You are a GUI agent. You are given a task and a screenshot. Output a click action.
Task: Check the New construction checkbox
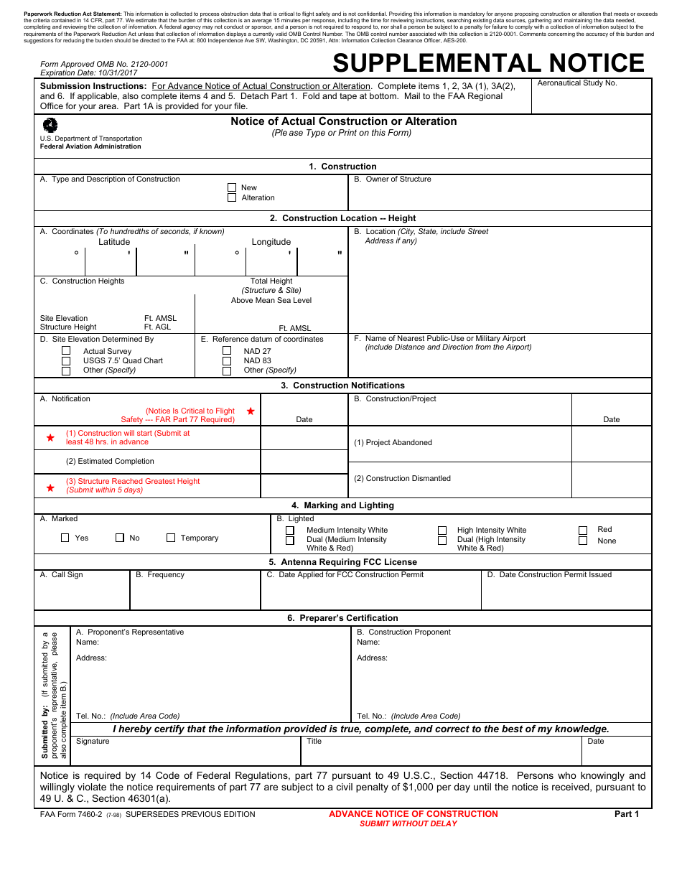(x=232, y=187)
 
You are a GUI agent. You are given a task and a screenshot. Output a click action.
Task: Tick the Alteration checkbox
(x=232, y=197)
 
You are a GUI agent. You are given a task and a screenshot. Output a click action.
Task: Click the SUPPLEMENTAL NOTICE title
(x=488, y=63)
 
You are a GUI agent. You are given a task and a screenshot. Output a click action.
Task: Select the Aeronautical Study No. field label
(x=576, y=83)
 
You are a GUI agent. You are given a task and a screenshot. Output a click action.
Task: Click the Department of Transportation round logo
(x=51, y=125)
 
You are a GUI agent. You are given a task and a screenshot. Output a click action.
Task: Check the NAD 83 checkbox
(x=227, y=360)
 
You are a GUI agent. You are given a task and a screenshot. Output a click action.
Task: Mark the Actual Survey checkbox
(x=66, y=351)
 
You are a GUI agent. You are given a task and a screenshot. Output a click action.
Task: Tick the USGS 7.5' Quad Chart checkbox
(x=66, y=360)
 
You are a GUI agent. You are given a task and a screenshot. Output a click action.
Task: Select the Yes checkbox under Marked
(x=65, y=538)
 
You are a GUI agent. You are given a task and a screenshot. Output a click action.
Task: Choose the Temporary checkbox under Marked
(x=171, y=538)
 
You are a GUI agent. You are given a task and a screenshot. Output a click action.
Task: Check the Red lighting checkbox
(x=583, y=530)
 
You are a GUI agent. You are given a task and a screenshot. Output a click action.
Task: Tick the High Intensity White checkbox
(x=442, y=531)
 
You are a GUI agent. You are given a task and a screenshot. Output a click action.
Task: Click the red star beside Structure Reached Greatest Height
(x=50, y=487)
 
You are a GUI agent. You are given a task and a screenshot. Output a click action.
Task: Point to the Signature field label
(x=93, y=741)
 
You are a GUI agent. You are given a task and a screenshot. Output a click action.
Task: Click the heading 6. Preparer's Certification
(x=342, y=618)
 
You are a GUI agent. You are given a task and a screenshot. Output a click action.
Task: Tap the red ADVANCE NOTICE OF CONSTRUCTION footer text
(x=413, y=814)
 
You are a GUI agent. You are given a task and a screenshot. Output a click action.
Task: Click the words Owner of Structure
(x=398, y=179)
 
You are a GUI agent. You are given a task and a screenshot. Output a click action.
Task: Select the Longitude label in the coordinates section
(x=271, y=242)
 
